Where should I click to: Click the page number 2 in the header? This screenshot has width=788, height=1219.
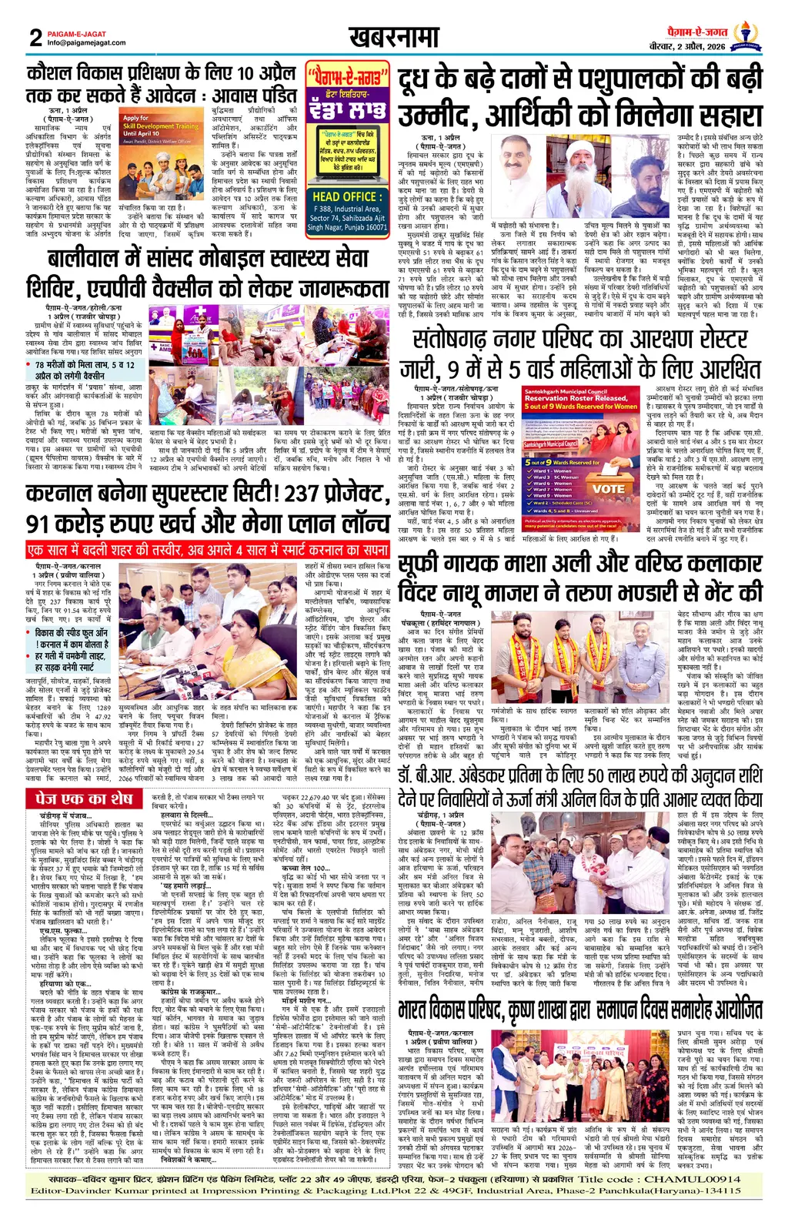tap(35, 37)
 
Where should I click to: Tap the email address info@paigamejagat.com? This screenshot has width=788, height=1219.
tap(86, 43)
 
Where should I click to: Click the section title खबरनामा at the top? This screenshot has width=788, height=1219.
tap(393, 37)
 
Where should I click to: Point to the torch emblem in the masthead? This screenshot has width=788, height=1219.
tap(744, 35)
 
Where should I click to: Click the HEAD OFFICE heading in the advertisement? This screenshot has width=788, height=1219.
tap(346, 196)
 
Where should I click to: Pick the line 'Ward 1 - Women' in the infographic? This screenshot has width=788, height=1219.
tap(553, 471)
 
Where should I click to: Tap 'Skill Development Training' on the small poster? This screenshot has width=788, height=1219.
tap(161, 126)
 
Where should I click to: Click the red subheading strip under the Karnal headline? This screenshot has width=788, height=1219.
tap(207, 550)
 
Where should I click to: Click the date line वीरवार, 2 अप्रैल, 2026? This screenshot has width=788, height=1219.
tap(686, 47)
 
